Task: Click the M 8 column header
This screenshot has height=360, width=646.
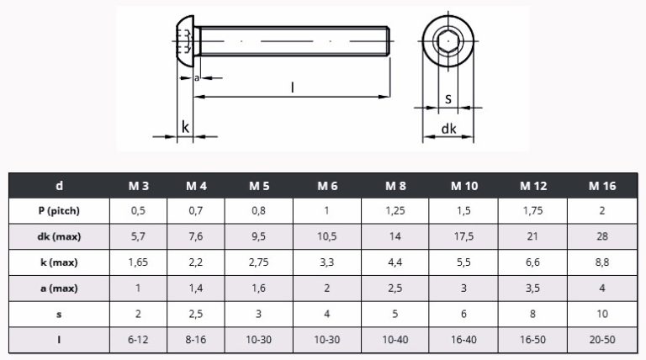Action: pos(395,186)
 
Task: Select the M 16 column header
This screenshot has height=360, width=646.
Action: pos(602,186)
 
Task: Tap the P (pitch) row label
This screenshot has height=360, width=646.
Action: pos(59,211)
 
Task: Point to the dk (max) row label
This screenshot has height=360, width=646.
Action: pos(59,237)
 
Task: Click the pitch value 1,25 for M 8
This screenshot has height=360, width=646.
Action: pos(395,211)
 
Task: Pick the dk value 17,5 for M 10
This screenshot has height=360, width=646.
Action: pos(463,237)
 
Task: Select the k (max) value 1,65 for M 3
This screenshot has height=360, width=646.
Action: pos(138,262)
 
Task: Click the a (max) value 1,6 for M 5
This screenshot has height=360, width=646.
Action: pos(259,289)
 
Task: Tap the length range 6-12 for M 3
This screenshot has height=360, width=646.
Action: pos(138,340)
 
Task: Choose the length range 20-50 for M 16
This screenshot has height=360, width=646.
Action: pos(602,340)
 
